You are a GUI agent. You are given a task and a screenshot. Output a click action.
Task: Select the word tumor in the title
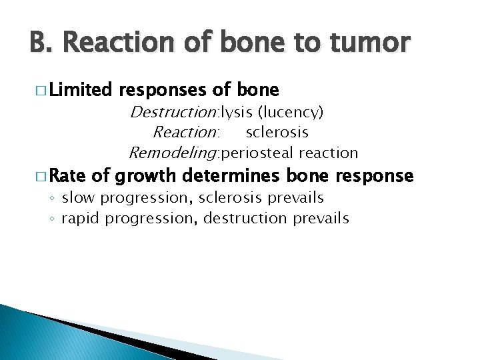(x=372, y=42)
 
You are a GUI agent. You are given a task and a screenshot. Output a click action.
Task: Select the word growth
(x=145, y=176)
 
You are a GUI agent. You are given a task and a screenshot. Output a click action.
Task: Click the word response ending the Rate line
(x=375, y=176)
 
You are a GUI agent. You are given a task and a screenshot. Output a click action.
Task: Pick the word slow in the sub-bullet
(x=77, y=197)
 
